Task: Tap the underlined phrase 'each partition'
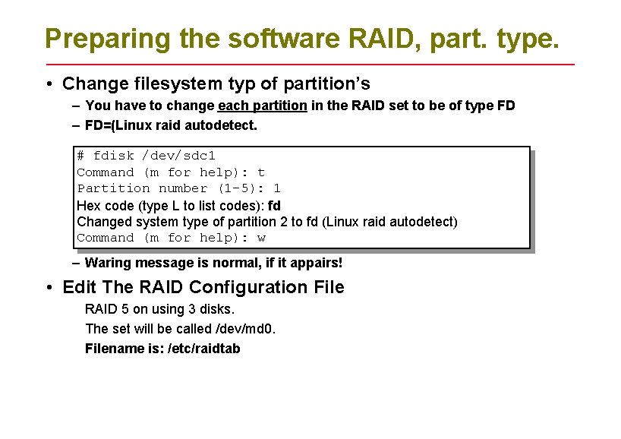[262, 106]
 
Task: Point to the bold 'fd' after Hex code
[275, 205]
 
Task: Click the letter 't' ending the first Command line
[261, 172]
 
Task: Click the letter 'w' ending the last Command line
[261, 238]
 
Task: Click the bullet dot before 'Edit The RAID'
[48, 287]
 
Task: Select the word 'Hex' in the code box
[87, 205]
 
